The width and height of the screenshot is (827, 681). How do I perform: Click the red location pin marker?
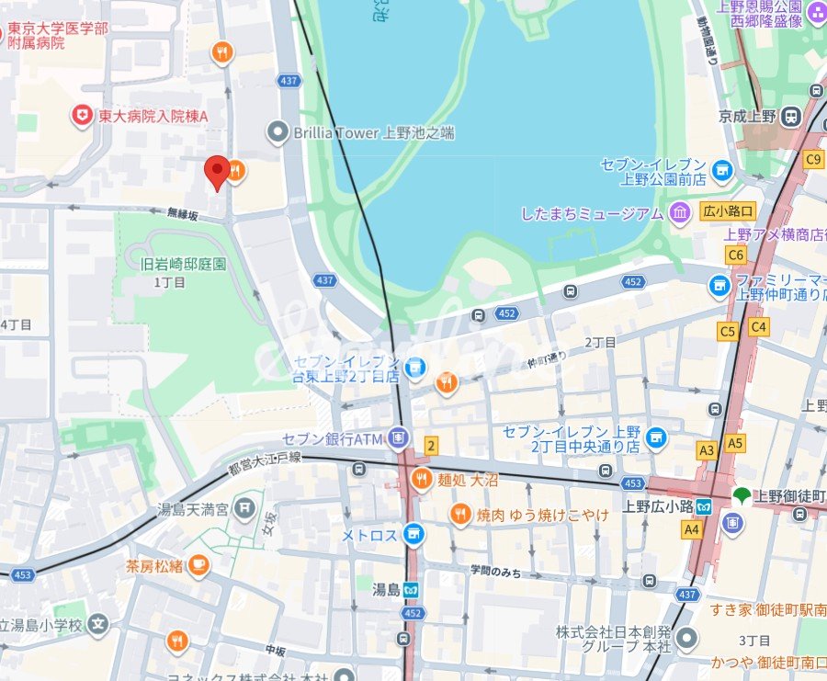coord(217,171)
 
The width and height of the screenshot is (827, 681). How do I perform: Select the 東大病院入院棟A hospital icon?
coord(83,117)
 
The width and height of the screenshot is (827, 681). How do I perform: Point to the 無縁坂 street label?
coord(182,213)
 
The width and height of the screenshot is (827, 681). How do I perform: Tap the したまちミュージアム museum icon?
coord(680,213)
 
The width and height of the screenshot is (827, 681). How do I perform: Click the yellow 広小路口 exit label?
coord(728,210)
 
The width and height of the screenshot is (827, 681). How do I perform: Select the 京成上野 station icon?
coord(793,117)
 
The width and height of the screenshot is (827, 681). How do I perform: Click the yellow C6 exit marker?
coord(735,255)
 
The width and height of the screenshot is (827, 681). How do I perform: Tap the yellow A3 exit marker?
coord(707,450)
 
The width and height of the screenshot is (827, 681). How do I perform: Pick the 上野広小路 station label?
coord(656,505)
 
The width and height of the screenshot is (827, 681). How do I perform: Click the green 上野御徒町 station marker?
coord(742,495)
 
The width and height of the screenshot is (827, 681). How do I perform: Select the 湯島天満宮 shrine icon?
coord(244,506)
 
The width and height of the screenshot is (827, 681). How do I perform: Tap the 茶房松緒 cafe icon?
coord(198,565)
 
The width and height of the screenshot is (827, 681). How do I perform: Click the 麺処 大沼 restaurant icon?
coord(422,477)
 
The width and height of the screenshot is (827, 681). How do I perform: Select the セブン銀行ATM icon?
coord(397,437)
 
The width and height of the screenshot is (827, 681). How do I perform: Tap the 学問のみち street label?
coord(494,573)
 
